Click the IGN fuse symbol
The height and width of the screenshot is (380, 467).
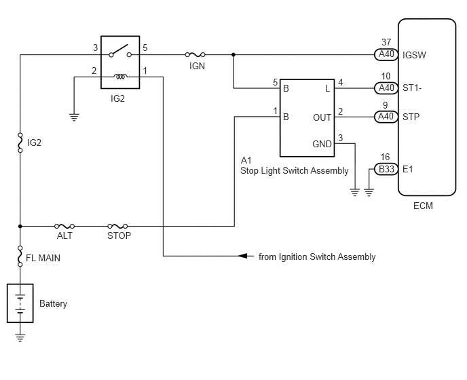195,54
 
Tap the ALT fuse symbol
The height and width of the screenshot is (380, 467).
64,227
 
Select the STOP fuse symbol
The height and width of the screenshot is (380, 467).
117,227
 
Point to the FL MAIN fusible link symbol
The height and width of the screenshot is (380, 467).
20,256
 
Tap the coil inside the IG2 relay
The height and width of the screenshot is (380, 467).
120,77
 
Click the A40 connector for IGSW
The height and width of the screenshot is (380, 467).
386,54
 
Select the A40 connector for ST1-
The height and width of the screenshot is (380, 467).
386,88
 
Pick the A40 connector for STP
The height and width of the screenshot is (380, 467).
386,117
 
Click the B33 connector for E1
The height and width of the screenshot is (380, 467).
386,169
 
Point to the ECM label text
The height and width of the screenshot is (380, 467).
423,206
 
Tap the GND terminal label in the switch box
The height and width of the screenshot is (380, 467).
322,144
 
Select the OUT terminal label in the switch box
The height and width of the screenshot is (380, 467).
322,117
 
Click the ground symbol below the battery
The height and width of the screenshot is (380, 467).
20,339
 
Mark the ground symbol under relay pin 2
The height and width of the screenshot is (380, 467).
74,117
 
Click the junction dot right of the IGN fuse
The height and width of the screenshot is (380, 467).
233,54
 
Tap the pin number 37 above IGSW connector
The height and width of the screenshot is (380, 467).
386,42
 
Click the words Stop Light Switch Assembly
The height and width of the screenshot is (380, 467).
295,170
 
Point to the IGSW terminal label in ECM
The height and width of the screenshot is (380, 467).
414,55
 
